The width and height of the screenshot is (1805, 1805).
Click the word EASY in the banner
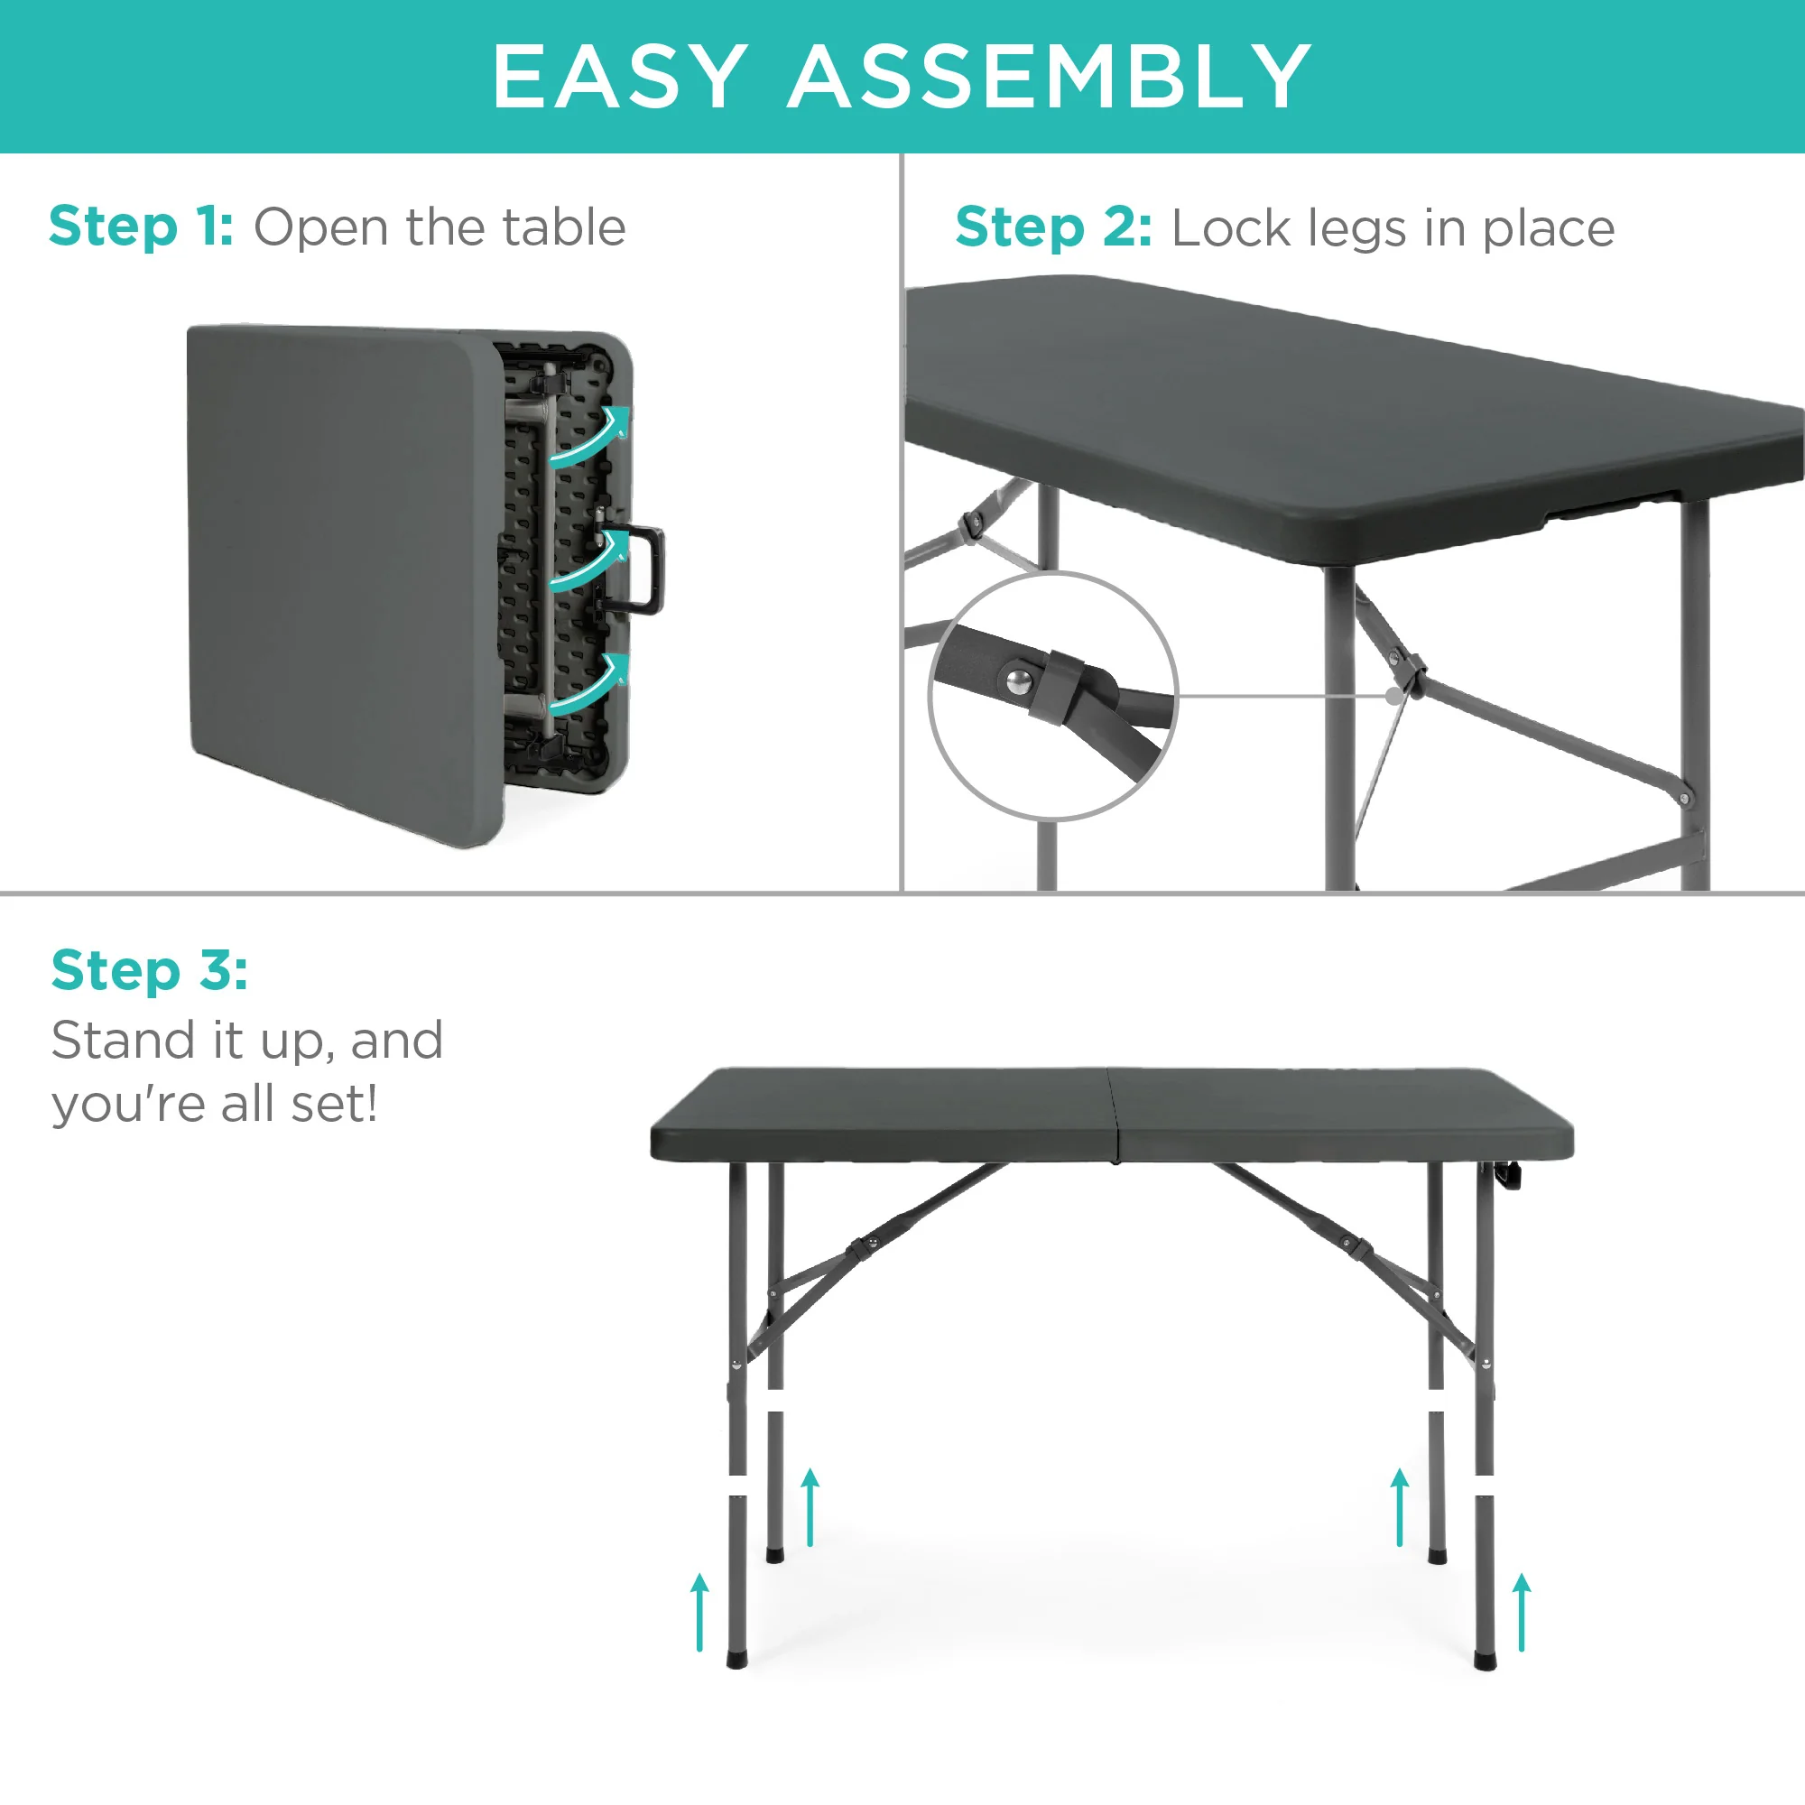(619, 77)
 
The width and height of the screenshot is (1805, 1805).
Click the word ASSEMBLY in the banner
(1051, 77)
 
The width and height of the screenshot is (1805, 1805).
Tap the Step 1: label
(141, 227)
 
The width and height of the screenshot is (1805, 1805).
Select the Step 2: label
(1053, 229)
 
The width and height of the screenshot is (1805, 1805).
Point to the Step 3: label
(150, 970)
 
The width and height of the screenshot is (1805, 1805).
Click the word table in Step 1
(563, 227)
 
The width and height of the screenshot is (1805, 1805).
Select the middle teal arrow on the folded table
(588, 560)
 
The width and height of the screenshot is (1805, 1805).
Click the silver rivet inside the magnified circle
(1017, 680)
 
